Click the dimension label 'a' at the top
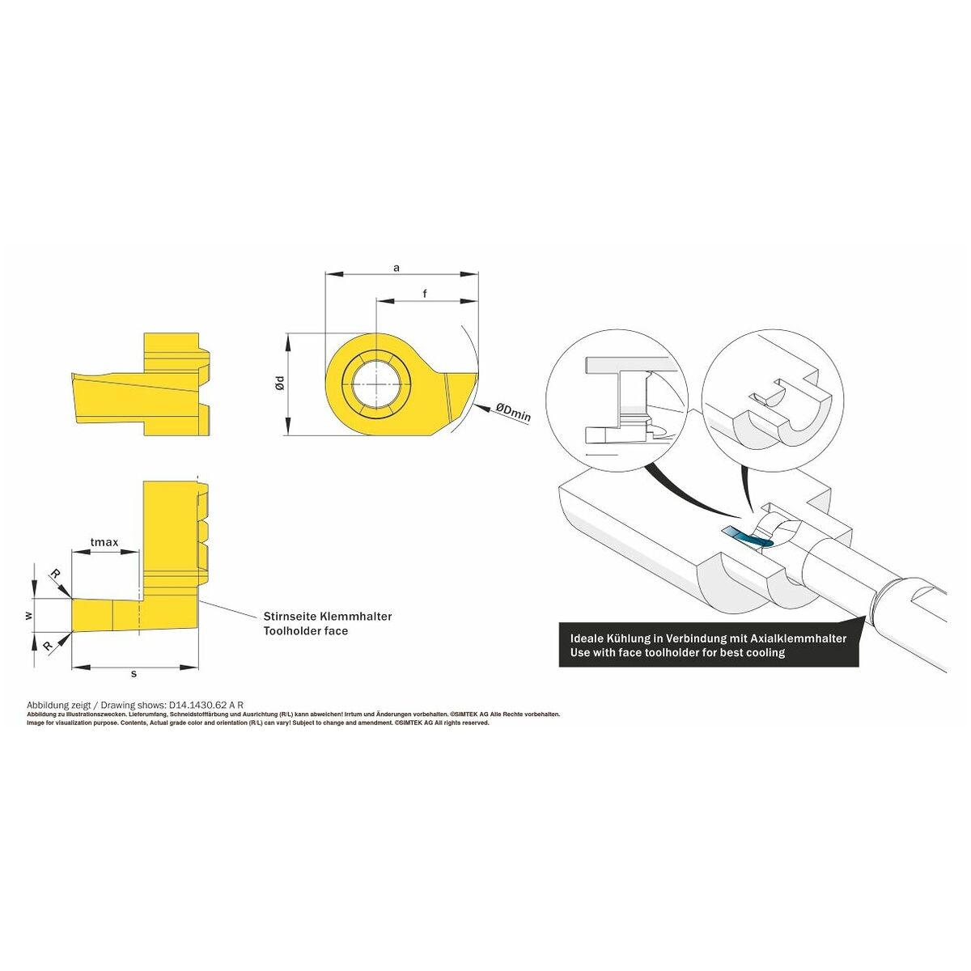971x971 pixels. [x=396, y=268]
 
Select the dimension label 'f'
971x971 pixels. [x=425, y=293]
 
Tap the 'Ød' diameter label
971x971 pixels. [x=281, y=383]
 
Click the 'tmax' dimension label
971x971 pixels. [x=104, y=542]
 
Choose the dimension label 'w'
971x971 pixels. [x=28, y=615]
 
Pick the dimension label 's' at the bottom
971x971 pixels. [x=134, y=673]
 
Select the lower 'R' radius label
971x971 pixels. [x=49, y=647]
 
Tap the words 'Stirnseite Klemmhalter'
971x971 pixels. [x=328, y=617]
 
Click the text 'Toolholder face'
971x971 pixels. [x=306, y=631]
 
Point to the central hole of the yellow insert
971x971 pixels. [x=375, y=384]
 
